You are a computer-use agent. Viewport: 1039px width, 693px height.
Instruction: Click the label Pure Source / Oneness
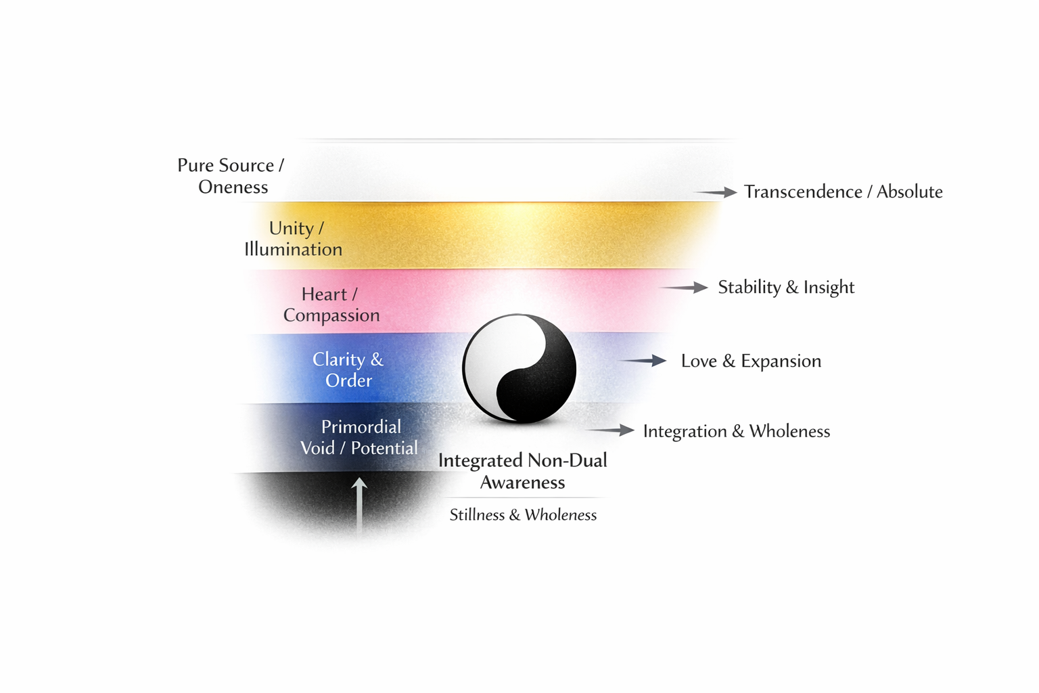click(x=231, y=176)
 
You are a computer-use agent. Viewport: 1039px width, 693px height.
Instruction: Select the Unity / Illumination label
click(x=294, y=239)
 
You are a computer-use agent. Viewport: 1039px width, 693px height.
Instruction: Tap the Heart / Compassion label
click(x=331, y=305)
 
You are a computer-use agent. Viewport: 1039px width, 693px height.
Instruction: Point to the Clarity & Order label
click(x=348, y=370)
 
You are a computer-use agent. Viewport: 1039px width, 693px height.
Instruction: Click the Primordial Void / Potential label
click(x=359, y=437)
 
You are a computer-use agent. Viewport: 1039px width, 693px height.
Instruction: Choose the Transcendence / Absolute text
click(x=843, y=192)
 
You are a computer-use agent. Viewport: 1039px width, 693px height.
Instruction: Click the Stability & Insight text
click(x=786, y=288)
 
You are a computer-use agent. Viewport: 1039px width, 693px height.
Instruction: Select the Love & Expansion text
click(x=751, y=361)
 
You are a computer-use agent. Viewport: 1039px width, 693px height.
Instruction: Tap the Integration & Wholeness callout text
click(x=736, y=432)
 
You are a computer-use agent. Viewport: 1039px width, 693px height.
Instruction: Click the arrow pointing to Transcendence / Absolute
click(x=717, y=192)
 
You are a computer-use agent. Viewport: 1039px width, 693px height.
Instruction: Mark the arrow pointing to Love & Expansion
click(x=644, y=361)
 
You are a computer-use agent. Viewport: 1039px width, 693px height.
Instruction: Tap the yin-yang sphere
click(x=519, y=369)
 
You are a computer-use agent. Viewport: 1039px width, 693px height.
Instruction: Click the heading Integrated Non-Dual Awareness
click(x=522, y=471)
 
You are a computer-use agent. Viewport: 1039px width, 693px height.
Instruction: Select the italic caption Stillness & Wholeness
click(x=523, y=515)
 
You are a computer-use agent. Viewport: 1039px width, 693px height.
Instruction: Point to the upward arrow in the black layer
click(x=359, y=504)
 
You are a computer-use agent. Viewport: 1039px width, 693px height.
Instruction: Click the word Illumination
click(x=294, y=250)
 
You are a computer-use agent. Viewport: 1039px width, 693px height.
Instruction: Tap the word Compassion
click(x=331, y=315)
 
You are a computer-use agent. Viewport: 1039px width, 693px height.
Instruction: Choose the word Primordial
click(x=361, y=427)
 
